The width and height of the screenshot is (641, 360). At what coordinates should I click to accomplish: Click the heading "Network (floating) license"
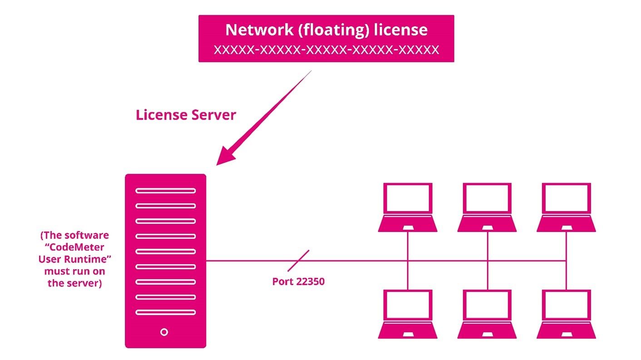tap(326, 30)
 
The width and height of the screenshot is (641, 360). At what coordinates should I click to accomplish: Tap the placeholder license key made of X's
tap(326, 49)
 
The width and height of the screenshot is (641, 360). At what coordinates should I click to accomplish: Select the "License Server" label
tap(186, 115)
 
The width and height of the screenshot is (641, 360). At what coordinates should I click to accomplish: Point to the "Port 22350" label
tap(298, 281)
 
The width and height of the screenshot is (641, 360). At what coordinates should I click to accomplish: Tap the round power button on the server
tap(164, 332)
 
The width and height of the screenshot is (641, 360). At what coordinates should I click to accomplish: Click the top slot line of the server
tap(165, 191)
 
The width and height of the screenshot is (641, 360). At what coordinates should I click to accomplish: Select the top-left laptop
tap(408, 207)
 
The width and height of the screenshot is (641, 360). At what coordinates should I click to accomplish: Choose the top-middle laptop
tap(487, 207)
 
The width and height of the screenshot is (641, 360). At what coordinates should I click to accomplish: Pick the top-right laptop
tap(566, 207)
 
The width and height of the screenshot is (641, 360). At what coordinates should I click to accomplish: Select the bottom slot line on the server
tap(165, 312)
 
